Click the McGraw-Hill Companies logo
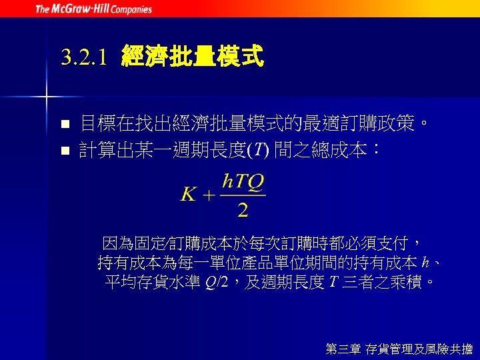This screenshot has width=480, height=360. pyautogui.click(x=93, y=9)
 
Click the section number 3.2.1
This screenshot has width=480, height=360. pyautogui.click(x=83, y=58)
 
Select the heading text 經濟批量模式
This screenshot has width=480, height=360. pyautogui.click(x=192, y=57)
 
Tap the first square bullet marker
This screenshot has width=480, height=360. pyautogui.click(x=65, y=124)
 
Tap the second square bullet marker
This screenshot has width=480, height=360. pyautogui.click(x=65, y=151)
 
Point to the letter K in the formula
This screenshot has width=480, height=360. pyautogui.click(x=188, y=195)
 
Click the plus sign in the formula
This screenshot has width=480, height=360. pyautogui.click(x=208, y=196)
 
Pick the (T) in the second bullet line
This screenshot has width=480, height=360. pyautogui.click(x=257, y=151)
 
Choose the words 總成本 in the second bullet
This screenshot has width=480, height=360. pyautogui.click(x=347, y=151)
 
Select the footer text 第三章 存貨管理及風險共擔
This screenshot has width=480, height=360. pyautogui.click(x=399, y=348)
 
